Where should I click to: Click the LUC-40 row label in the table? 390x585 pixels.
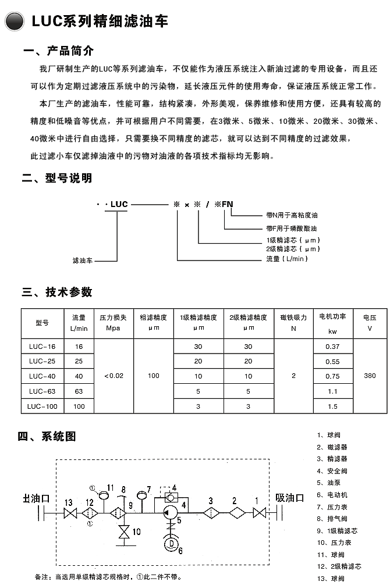(42, 376)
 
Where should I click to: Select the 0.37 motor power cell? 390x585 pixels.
(332, 347)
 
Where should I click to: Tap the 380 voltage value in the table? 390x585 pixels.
(370, 376)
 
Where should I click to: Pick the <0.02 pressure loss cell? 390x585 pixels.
(114, 376)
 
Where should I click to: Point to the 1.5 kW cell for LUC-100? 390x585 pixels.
(332, 406)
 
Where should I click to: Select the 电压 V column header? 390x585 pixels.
(370, 322)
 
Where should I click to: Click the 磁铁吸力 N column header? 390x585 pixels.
(293, 322)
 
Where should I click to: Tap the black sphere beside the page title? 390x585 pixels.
(14, 22)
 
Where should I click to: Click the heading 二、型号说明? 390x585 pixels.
(56, 179)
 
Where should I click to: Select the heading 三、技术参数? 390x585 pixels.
(56, 292)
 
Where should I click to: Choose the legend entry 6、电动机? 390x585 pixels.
(332, 495)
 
